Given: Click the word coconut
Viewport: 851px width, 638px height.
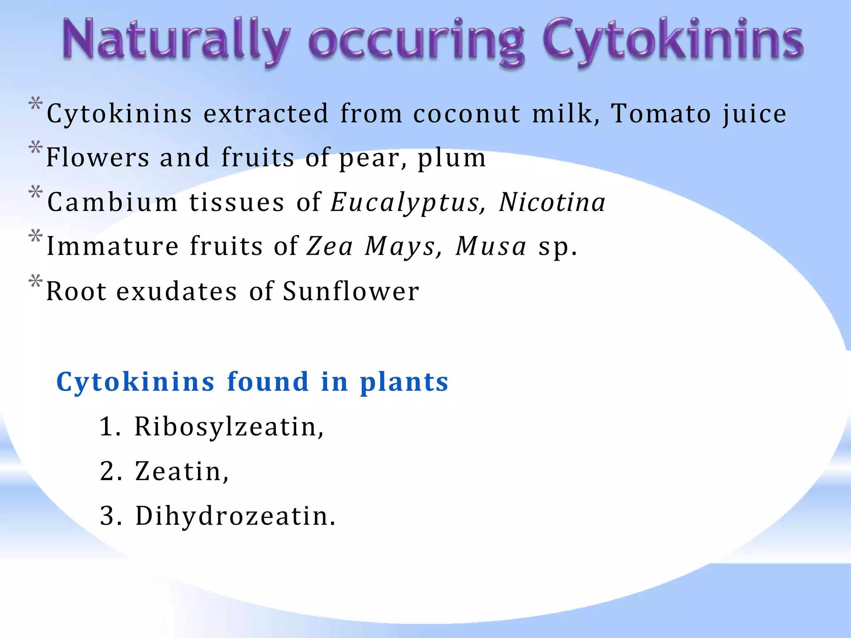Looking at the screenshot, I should click(x=467, y=114).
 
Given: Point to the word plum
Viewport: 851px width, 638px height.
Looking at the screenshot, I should click(x=451, y=158).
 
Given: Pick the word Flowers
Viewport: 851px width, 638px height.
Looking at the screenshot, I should click(x=98, y=157).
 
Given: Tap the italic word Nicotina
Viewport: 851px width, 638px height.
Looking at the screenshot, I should click(x=552, y=202).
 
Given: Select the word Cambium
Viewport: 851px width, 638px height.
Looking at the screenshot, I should click(x=113, y=202).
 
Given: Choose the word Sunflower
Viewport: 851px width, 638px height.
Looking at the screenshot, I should click(x=351, y=291).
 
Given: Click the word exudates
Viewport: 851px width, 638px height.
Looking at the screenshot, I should click(x=177, y=291).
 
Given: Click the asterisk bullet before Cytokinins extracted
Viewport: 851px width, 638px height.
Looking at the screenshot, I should click(x=36, y=104).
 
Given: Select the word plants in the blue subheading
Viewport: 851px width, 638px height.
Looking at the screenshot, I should click(x=404, y=382).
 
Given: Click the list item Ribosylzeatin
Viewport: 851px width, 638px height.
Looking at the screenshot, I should click(x=229, y=427).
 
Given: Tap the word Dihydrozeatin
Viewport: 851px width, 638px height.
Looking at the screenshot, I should click(x=235, y=516).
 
